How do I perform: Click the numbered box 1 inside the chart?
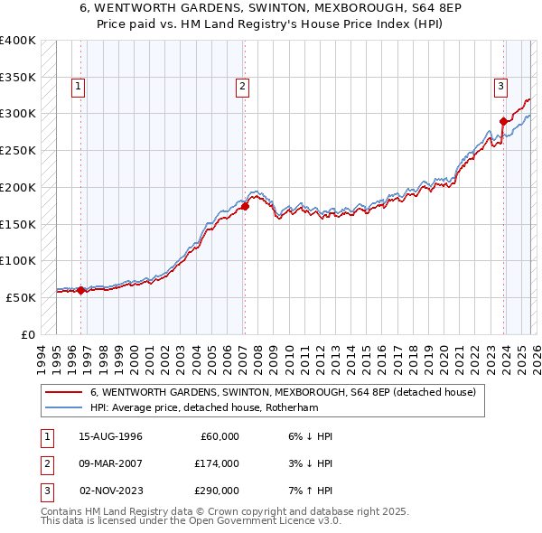(x=79, y=87)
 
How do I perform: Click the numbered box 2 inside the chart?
(x=243, y=87)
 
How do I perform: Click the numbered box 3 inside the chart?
(x=500, y=87)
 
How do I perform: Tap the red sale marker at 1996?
(x=80, y=290)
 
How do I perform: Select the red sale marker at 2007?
(x=245, y=206)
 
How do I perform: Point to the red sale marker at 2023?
(x=503, y=121)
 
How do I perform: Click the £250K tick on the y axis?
(x=18, y=150)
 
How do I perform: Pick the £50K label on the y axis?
(x=21, y=297)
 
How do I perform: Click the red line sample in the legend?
(x=63, y=393)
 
